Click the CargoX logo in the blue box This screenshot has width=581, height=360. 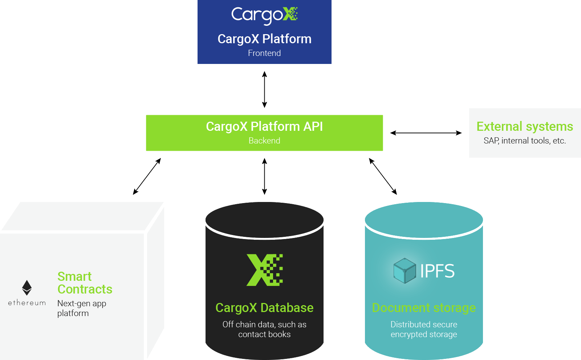pyautogui.click(x=264, y=15)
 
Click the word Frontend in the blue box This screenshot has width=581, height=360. pyautogui.click(x=264, y=53)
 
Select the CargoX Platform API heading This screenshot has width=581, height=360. pyautogui.click(x=264, y=126)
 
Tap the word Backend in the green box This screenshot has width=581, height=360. pyautogui.click(x=264, y=141)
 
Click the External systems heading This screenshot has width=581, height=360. pyautogui.click(x=525, y=126)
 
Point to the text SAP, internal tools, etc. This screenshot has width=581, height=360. pyautogui.click(x=525, y=141)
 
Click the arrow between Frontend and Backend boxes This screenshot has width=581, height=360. pyautogui.click(x=264, y=89)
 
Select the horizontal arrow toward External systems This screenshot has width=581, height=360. pyautogui.click(x=426, y=133)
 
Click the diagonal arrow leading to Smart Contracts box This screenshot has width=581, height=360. pyautogui.click(x=147, y=177)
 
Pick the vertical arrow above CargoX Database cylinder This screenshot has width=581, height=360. pyautogui.click(x=264, y=177)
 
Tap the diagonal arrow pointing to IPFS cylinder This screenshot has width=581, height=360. pyautogui.click(x=383, y=177)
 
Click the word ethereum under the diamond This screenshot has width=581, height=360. pyautogui.click(x=27, y=303)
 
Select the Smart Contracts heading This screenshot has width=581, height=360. pyautogui.click(x=85, y=283)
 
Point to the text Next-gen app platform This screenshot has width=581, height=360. pyautogui.click(x=81, y=308)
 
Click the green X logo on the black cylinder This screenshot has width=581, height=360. pyautogui.click(x=264, y=270)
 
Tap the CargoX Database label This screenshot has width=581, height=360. pyautogui.click(x=264, y=308)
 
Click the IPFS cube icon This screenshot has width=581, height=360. pyautogui.click(x=405, y=271)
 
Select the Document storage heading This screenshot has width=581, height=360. pyautogui.click(x=424, y=308)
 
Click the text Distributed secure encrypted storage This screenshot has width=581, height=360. pyautogui.click(x=424, y=329)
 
